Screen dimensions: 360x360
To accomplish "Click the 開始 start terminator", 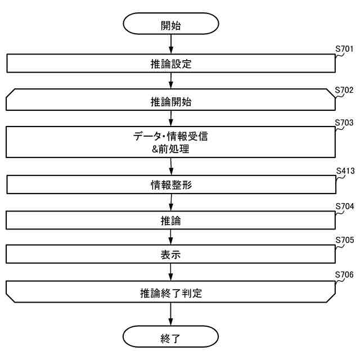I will pyautogui.click(x=171, y=25).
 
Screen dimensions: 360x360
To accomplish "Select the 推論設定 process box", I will pyautogui.click(x=171, y=64).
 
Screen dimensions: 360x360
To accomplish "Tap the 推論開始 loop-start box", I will pyautogui.click(x=171, y=102).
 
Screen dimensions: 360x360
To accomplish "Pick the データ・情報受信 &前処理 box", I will pyautogui.click(x=171, y=142).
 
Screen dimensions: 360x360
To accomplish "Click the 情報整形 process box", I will pyautogui.click(x=171, y=184).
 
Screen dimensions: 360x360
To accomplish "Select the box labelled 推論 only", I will pyautogui.click(x=171, y=220).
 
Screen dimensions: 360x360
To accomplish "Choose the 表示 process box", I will pyautogui.click(x=171, y=255).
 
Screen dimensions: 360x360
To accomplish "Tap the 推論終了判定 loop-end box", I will pyautogui.click(x=171, y=293).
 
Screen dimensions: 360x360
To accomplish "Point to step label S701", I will pyautogui.click(x=344, y=49).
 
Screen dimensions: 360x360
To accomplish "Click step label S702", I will pyautogui.click(x=344, y=89).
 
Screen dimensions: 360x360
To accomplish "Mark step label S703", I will pyautogui.click(x=344, y=122).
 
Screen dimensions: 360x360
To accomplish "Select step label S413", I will pyautogui.click(x=344, y=171).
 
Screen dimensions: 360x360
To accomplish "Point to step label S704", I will pyautogui.click(x=344, y=206).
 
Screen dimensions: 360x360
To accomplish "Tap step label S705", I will pyautogui.click(x=344, y=240).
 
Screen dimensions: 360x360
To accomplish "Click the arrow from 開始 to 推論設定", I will pyautogui.click(x=171, y=44).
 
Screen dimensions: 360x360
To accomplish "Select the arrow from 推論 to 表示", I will pyautogui.click(x=171, y=237).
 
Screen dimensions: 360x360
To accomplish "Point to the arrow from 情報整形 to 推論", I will pyautogui.click(x=171, y=202).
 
